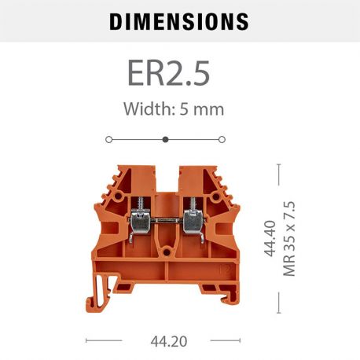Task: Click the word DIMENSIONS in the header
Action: point(179,21)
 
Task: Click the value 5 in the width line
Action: point(188,108)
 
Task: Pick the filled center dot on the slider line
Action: point(165,139)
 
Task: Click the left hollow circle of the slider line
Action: point(108,139)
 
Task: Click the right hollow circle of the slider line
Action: point(222,139)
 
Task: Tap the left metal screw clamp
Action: point(134,224)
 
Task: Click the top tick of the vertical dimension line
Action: point(280,164)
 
